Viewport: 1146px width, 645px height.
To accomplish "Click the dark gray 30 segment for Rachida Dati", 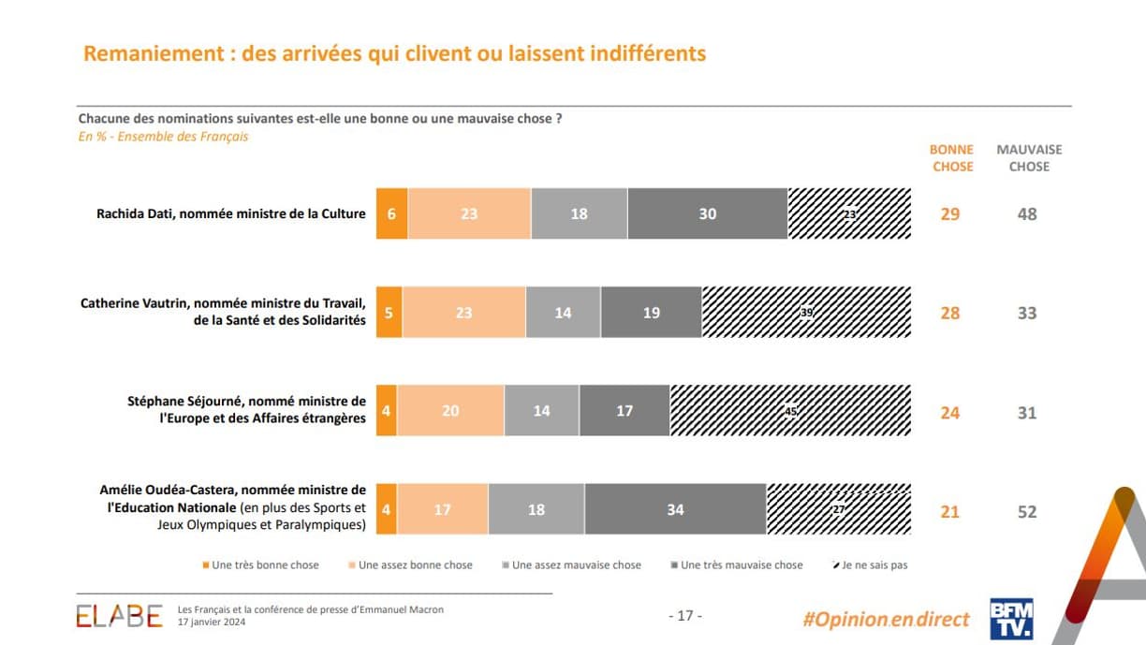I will coord(707,213).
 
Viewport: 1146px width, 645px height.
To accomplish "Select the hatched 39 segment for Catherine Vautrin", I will coord(805,313).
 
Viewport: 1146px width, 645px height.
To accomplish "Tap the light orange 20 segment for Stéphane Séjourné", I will coord(450,411).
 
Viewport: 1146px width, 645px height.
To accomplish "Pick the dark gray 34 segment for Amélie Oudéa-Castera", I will coord(675,510).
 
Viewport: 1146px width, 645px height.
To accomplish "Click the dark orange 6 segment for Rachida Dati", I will coord(391,213).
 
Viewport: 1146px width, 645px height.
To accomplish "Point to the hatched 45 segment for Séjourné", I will coord(790,411).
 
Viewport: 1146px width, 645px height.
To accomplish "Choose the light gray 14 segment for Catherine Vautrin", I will coord(563,313).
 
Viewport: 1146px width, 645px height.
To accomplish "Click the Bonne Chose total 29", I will coord(950,214).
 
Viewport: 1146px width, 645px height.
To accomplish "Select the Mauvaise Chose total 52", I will coord(1027,512).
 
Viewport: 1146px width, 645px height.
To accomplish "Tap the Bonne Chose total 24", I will coord(950,413).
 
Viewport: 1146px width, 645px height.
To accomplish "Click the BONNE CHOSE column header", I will coord(951,158).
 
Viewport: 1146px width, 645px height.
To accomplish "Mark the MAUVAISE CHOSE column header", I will coord(1029,158).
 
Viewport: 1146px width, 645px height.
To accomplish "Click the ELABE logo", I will coord(119,616).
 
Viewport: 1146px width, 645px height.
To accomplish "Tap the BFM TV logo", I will coord(1011,619).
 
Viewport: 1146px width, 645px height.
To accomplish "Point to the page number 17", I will coord(684,616).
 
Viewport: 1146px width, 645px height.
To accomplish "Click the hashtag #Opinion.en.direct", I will coord(886,619).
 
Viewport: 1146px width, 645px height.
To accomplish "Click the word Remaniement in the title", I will coord(150,53).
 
